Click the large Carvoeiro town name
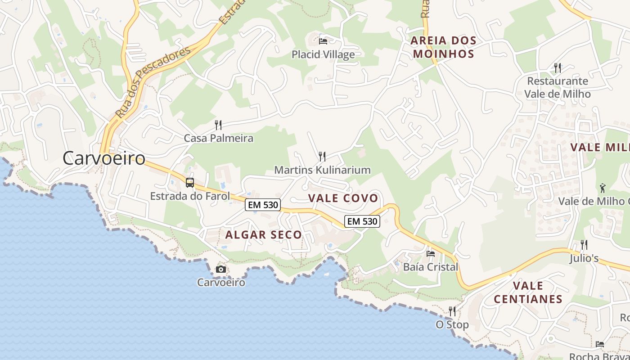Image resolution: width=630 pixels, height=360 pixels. [104, 158]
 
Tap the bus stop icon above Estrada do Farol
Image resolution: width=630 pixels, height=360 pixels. [190, 183]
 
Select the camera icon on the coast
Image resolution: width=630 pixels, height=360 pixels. [221, 269]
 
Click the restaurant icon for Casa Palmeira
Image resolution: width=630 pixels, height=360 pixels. [218, 125]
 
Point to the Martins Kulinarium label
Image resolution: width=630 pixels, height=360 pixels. [322, 170]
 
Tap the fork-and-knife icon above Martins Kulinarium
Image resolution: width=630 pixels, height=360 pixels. [322, 157]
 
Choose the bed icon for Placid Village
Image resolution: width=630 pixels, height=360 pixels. [323, 41]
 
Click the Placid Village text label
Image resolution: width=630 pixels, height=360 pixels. [323, 54]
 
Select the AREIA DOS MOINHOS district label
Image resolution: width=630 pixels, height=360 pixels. [443, 47]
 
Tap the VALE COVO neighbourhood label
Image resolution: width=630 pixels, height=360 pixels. [343, 198]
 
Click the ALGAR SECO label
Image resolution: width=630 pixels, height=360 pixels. [264, 234]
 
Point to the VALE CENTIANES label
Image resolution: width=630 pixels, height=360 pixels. [528, 292]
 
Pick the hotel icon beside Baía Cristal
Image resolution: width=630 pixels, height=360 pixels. [431, 253]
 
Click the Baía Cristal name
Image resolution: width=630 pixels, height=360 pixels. [431, 267]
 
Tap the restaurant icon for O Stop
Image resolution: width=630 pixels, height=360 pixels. [452, 311]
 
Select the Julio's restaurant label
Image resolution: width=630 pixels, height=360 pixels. [584, 258]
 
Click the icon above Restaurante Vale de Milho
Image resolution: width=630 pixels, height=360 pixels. [558, 68]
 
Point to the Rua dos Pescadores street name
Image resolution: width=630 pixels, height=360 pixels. [153, 83]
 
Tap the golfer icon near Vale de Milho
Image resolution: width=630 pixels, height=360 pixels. [603, 187]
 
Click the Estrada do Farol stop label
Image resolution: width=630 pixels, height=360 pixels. [190, 196]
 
